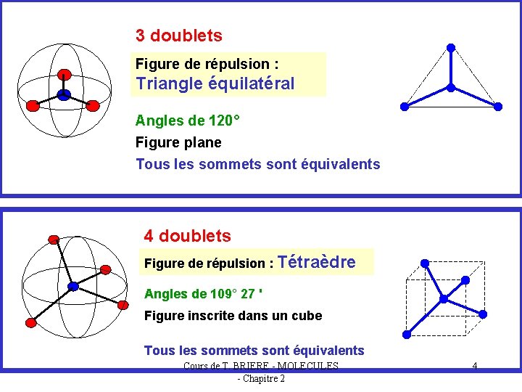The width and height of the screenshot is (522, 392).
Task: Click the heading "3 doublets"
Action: coord(178,36)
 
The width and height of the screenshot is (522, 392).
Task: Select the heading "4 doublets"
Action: coord(187,236)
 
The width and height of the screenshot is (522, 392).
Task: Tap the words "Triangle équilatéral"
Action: coord(215,83)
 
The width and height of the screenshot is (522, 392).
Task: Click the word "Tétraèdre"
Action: coord(316,262)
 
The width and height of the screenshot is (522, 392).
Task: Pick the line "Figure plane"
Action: coord(178,142)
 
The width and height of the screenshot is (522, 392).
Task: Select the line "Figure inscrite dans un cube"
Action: coord(233,316)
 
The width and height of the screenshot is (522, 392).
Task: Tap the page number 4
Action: coord(474,366)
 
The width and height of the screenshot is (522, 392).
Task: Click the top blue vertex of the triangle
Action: coord(451,48)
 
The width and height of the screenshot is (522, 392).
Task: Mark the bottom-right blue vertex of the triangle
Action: coord(498,107)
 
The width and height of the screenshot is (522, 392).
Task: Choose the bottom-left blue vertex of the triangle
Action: coord(405,107)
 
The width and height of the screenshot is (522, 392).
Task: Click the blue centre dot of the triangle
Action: coord(451,88)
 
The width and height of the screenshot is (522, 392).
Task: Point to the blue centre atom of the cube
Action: coord(442,298)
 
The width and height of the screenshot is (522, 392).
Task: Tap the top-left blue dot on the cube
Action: coord(426,263)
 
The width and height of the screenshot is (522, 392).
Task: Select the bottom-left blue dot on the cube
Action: coord(407,334)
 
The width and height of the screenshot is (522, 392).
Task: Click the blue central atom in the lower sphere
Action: coord(73,286)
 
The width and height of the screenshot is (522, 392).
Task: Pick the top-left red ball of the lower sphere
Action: coord(53,238)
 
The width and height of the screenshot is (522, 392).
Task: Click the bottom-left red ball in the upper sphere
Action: coord(33,106)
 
